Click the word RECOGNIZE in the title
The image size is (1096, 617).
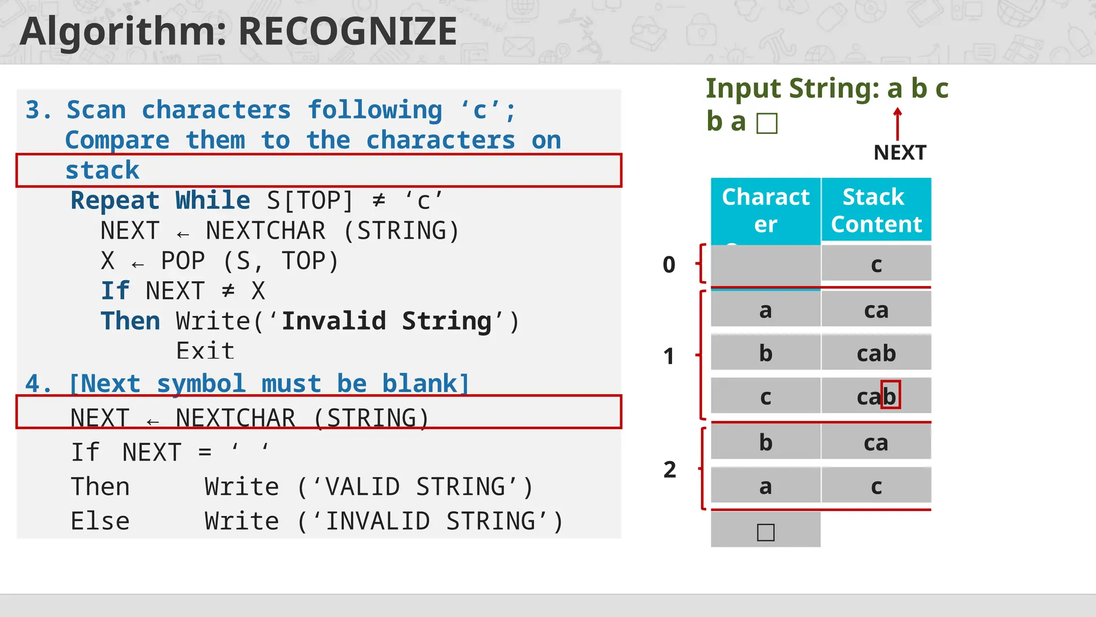pos(347,32)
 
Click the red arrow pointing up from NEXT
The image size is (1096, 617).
pos(897,124)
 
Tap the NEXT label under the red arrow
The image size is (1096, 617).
pos(900,153)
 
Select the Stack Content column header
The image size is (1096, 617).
pos(876,210)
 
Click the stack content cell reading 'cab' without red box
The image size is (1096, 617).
pos(876,353)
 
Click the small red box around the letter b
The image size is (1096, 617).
pos(890,395)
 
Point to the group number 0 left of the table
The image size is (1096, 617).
pos(669,265)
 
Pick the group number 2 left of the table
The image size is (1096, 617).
pos(669,470)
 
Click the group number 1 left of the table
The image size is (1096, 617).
pos(669,356)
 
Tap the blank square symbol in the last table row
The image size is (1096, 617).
pos(766,532)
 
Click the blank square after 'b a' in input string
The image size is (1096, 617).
pos(767,123)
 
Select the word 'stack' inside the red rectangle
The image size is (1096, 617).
pos(102,171)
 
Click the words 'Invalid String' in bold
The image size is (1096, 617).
pos(386,321)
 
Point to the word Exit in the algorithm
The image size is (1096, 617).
pos(205,351)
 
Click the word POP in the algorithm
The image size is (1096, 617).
pos(183,261)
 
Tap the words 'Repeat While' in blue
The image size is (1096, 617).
pos(160,201)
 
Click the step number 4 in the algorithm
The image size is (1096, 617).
pos(34,384)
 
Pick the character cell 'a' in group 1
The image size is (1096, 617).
pos(765,310)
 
